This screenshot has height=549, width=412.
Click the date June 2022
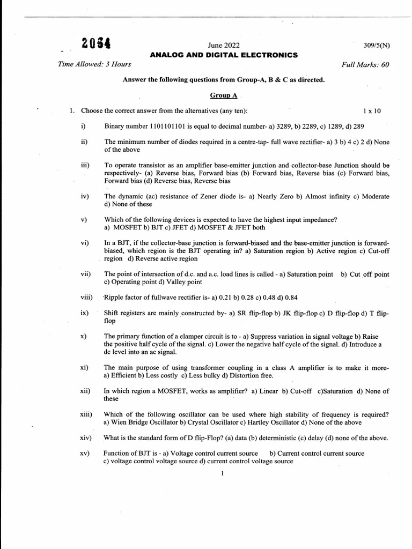[224, 46]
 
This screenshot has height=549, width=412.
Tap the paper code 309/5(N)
[376, 46]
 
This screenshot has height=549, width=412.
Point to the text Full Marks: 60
[365, 65]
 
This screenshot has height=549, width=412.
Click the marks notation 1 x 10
[372, 111]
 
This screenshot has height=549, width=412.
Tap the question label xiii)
[86, 414]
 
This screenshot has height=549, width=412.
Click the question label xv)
[85, 454]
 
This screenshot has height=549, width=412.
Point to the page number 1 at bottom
[222, 473]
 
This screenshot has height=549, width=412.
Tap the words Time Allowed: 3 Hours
[94, 65]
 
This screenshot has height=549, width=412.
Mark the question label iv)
[85, 197]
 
